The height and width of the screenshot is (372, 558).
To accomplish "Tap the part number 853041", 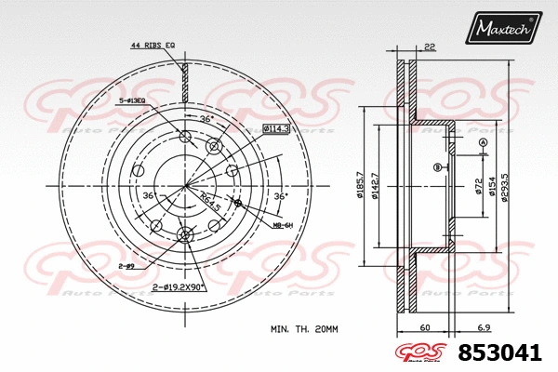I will tap(498, 352).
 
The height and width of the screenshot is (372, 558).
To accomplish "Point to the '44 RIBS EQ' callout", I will tap(153, 46).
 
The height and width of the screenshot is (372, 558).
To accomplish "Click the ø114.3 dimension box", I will tap(276, 126).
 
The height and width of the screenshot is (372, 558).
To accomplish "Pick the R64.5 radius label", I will tap(210, 197).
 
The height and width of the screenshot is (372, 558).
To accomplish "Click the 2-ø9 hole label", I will tap(126, 265).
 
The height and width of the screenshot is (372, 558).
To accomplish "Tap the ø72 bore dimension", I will tap(479, 189).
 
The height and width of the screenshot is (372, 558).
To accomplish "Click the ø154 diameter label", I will tap(492, 189).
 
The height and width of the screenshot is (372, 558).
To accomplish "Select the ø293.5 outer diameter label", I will tap(506, 189).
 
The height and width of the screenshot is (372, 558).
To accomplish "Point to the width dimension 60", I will tap(423, 329).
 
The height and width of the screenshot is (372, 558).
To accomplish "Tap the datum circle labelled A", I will tap(484, 141).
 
